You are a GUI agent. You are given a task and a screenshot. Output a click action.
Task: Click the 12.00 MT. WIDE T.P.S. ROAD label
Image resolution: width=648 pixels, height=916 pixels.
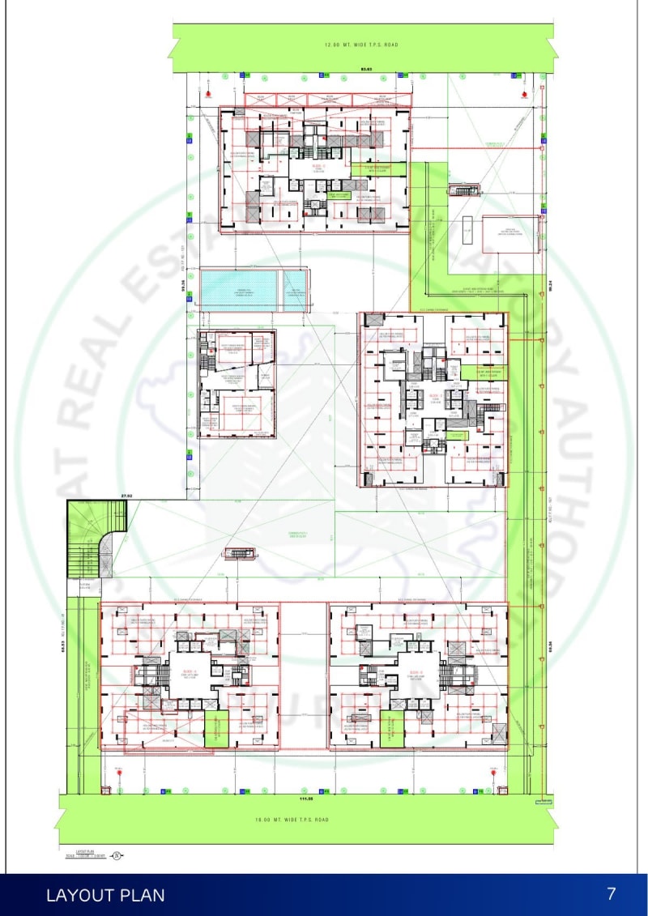click(x=362, y=45)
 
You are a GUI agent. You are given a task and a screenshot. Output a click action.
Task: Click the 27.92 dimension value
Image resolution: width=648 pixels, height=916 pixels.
click(x=126, y=494)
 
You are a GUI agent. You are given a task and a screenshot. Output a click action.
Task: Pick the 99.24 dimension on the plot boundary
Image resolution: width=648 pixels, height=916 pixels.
click(x=549, y=285)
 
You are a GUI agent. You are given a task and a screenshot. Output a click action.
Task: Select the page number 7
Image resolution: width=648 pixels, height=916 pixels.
click(x=612, y=893)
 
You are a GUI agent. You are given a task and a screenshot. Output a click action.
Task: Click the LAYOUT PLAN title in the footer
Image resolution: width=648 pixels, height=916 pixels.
click(x=105, y=895)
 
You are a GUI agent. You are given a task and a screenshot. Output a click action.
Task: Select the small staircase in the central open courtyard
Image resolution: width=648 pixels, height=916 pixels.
click(x=239, y=553)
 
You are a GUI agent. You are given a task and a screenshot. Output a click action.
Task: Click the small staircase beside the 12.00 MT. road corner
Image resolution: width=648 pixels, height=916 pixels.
click(x=465, y=190)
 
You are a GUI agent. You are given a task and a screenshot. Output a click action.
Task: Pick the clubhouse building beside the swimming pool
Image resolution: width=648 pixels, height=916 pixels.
click(x=237, y=383)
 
